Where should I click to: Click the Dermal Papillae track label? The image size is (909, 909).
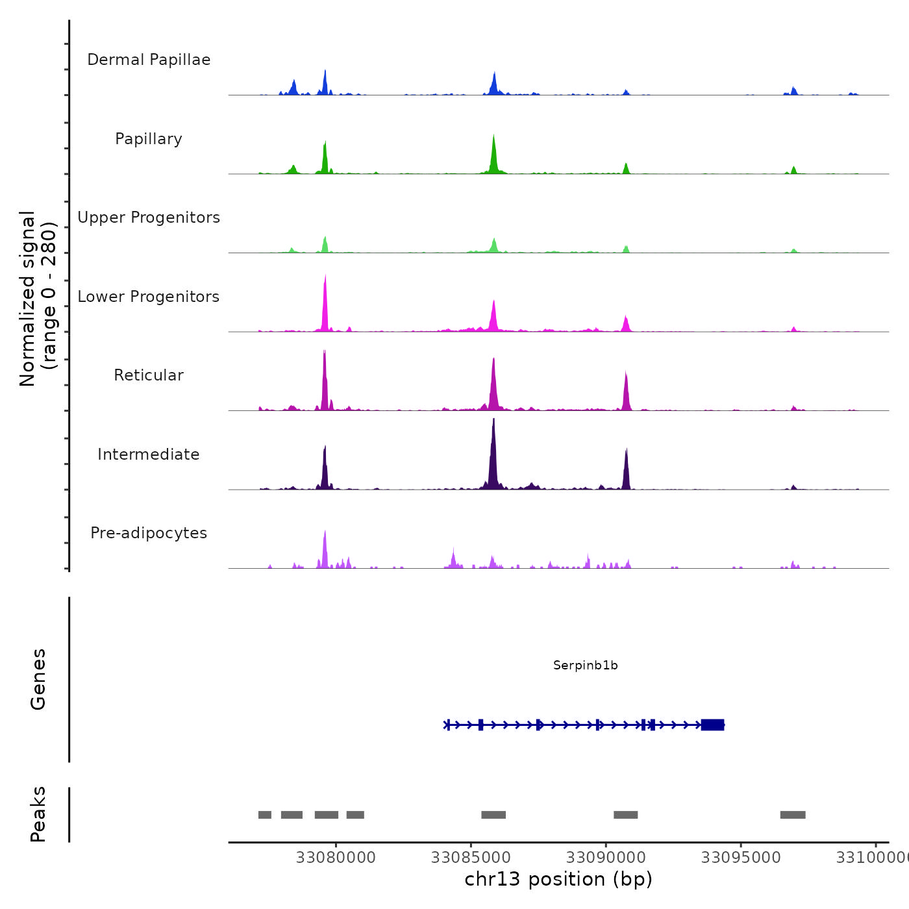click(x=149, y=60)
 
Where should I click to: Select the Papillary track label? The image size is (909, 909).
click(x=149, y=139)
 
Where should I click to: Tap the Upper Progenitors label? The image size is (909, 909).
click(x=149, y=218)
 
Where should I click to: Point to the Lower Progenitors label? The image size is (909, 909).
click(x=149, y=297)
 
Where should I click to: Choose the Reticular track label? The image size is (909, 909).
click(x=149, y=375)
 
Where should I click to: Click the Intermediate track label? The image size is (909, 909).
click(x=149, y=454)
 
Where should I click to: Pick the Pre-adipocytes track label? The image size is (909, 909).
click(x=149, y=533)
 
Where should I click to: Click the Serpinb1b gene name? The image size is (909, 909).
click(x=585, y=665)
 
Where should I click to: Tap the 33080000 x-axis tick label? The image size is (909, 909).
click(x=336, y=858)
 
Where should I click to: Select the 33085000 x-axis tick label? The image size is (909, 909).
click(x=471, y=858)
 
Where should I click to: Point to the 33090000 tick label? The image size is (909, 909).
click(x=606, y=858)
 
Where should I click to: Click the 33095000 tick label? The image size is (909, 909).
click(x=741, y=858)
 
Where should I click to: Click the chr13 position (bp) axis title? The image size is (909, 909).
click(x=558, y=879)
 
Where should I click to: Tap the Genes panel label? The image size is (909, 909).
click(x=38, y=679)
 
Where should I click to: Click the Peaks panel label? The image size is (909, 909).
click(x=38, y=814)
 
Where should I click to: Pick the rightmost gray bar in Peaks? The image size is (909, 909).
click(x=793, y=815)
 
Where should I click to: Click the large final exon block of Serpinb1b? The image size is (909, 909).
click(x=712, y=725)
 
